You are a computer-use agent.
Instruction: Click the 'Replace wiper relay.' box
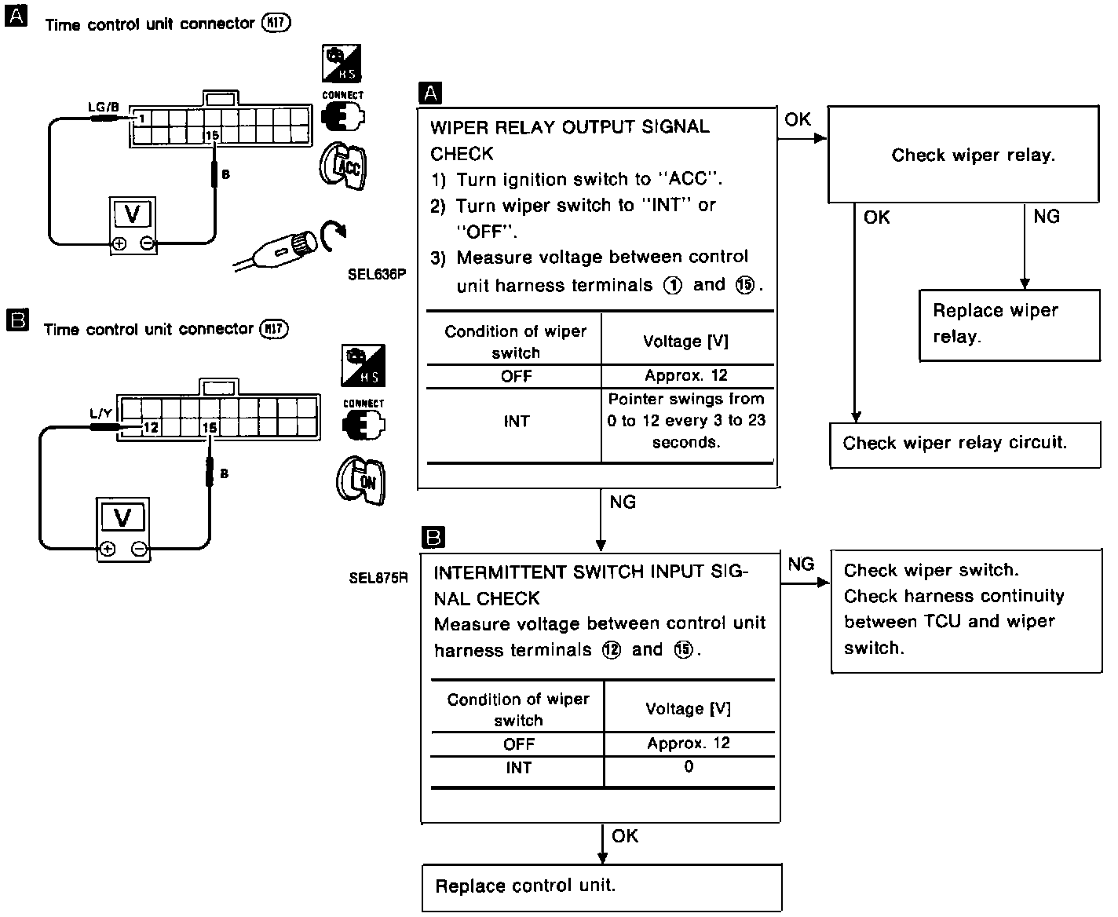tap(1010, 325)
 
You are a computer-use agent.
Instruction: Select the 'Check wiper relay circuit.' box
tap(965, 444)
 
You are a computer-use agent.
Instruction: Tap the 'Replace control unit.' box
tap(601, 887)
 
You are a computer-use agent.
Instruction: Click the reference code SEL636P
tap(377, 275)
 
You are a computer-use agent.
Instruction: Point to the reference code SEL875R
tap(378, 578)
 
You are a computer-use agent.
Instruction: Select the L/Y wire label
tap(101, 413)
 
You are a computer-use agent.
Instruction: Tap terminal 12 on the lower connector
tap(151, 428)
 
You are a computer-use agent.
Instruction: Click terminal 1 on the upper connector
tap(141, 119)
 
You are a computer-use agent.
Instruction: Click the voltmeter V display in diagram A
tap(133, 214)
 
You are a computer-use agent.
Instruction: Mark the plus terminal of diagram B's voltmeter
tap(108, 550)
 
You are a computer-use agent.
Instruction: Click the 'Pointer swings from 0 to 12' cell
tap(686, 421)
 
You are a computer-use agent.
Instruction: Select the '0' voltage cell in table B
tap(689, 767)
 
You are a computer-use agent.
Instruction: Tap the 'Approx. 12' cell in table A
tap(686, 375)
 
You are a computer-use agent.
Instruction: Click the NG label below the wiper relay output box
tap(623, 502)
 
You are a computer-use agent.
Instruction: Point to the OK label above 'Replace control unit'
tap(625, 837)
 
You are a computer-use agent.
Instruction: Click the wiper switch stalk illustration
tap(290, 246)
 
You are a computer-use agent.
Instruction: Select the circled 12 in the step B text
tap(612, 651)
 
